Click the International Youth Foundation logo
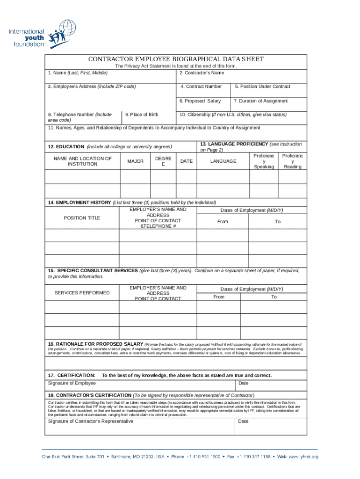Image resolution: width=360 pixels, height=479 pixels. (x=37, y=34)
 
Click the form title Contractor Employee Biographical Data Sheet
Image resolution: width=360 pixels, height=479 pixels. (x=176, y=59)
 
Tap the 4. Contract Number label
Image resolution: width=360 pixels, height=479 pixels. (x=201, y=87)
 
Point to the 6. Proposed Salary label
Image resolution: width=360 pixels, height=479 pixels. (x=200, y=101)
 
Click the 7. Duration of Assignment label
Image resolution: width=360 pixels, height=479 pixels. (x=260, y=101)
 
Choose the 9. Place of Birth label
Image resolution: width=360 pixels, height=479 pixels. (x=142, y=115)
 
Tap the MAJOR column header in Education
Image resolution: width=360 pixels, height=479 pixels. (x=135, y=161)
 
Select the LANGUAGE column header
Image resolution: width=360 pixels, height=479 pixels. (x=223, y=161)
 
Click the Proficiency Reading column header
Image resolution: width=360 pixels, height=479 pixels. (x=293, y=161)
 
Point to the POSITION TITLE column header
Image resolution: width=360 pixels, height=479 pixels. (x=82, y=218)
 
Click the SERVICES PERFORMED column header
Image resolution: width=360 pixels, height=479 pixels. (x=82, y=293)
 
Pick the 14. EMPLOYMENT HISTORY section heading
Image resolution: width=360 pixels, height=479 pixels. (x=79, y=203)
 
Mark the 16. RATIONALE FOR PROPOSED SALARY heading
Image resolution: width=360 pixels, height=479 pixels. (x=95, y=344)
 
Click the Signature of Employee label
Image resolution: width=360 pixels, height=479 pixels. (x=72, y=383)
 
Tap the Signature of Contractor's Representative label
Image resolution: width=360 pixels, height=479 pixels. (x=90, y=421)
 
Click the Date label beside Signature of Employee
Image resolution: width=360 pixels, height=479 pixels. (x=243, y=383)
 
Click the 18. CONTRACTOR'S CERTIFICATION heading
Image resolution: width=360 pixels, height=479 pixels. (x=90, y=395)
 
